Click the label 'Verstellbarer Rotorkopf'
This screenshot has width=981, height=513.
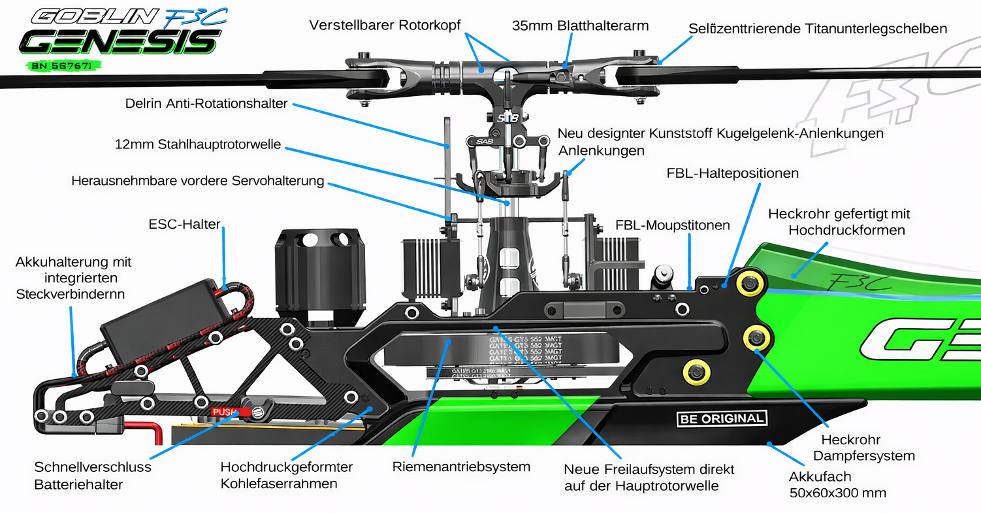pyautogui.click(x=385, y=25)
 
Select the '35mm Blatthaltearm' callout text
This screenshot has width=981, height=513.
pyautogui.click(x=580, y=25)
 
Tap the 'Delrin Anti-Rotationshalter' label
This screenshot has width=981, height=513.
pyautogui.click(x=206, y=104)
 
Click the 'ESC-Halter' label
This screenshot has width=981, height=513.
pyautogui.click(x=185, y=224)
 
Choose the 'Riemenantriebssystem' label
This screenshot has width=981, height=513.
pyautogui.click(x=461, y=467)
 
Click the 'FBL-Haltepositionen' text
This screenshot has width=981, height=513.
pyautogui.click(x=733, y=173)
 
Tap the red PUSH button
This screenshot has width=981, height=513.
pyautogui.click(x=226, y=412)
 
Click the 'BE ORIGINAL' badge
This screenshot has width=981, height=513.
pyautogui.click(x=721, y=419)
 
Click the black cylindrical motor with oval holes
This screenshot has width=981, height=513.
pyautogui.click(x=319, y=274)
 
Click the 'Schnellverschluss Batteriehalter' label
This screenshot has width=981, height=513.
pyautogui.click(x=93, y=476)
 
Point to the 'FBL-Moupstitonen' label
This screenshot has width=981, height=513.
pyautogui.click(x=673, y=225)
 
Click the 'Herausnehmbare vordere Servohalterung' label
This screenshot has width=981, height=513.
pyautogui.click(x=198, y=180)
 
